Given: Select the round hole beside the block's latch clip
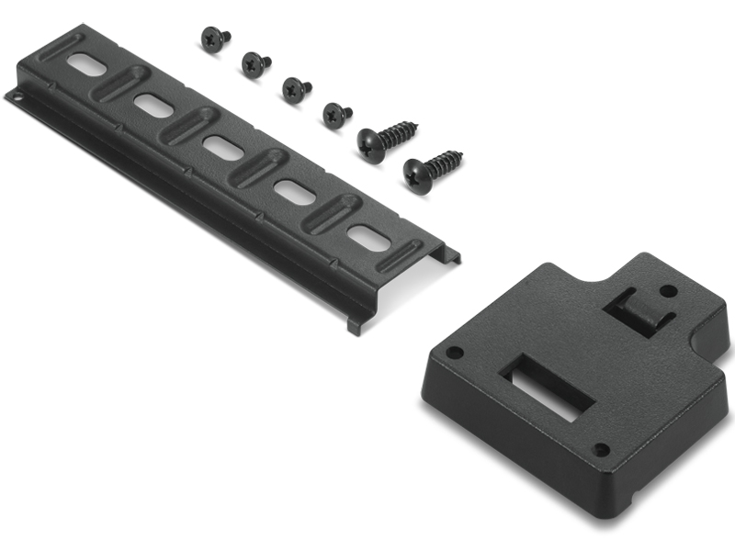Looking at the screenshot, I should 669,291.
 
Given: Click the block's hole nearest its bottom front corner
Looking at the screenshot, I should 601,449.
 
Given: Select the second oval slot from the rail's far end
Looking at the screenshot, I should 153,104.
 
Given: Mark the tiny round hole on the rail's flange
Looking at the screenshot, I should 16,94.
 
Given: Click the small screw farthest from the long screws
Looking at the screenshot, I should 216,39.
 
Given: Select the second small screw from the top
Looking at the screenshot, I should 254,63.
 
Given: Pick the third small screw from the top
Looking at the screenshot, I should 295,89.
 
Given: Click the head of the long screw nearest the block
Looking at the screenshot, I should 419,175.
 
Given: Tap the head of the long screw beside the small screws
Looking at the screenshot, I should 373,146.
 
